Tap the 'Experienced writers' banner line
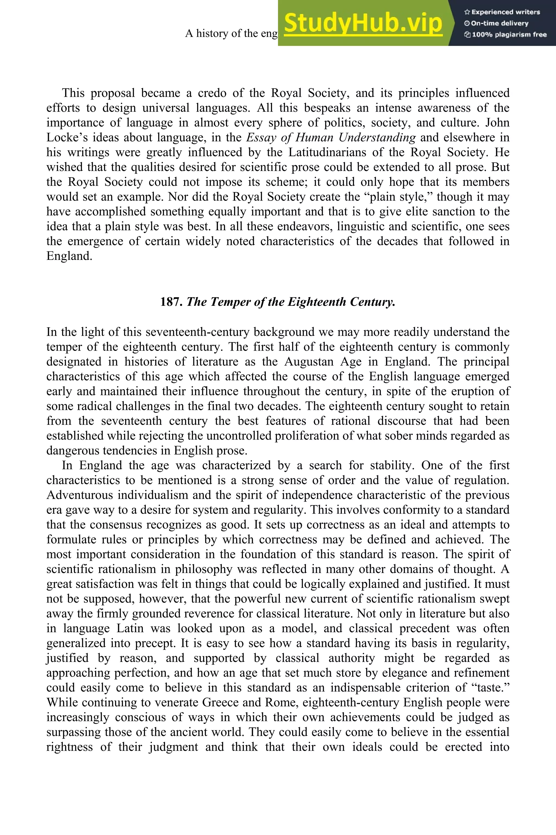click(x=502, y=12)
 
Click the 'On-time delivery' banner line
click(x=497, y=23)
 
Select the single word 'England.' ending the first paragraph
click(x=69, y=256)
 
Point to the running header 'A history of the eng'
click(x=231, y=33)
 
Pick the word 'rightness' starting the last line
click(x=69, y=747)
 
